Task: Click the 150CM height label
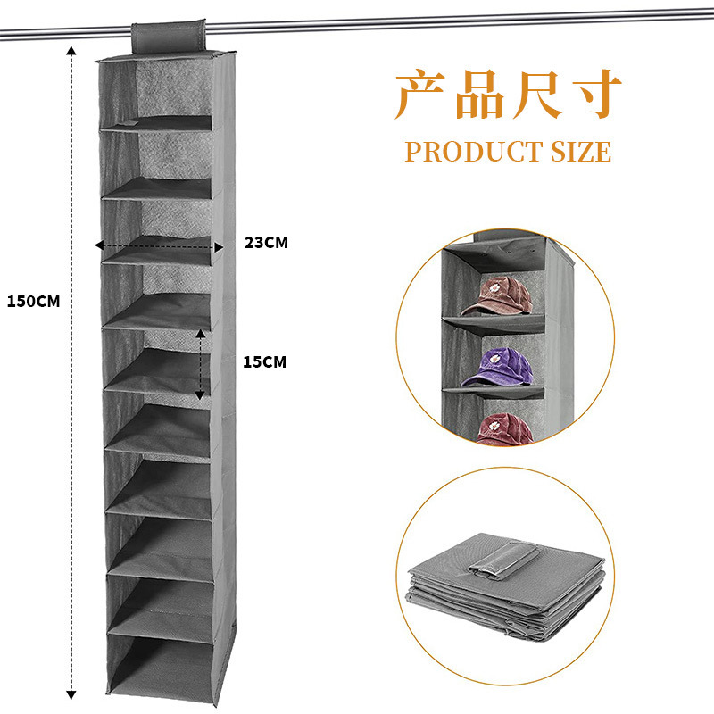(33, 301)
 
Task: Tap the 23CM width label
(266, 242)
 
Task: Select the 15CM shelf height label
(264, 361)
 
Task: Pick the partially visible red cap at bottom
(502, 428)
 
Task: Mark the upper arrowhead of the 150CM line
(72, 51)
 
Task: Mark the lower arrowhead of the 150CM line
(72, 693)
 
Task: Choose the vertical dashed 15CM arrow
(201, 364)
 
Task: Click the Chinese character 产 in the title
(423, 96)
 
